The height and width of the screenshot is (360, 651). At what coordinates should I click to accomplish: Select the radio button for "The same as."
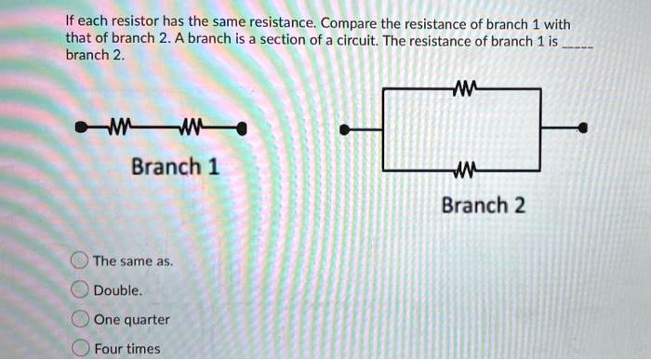coord(82,261)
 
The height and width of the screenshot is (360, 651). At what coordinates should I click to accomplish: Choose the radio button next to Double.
coord(82,290)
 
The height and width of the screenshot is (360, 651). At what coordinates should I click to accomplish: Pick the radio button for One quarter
coord(82,319)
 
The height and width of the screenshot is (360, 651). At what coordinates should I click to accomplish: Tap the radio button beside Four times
coord(82,348)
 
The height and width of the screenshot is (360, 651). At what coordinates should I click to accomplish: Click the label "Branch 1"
coord(175,167)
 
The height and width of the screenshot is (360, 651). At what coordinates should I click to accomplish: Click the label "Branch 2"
coord(483,205)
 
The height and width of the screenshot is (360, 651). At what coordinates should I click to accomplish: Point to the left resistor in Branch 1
coord(121,127)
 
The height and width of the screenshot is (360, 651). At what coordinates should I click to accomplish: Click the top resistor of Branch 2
coord(462,88)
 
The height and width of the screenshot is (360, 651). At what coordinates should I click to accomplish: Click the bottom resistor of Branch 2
coord(462,169)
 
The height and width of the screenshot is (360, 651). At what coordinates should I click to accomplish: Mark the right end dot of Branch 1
coord(242,127)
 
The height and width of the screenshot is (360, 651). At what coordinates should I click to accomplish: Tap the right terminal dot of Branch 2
coord(583,129)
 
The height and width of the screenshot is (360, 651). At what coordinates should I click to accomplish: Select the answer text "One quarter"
coord(132,319)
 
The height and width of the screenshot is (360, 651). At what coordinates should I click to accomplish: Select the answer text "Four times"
coord(127,348)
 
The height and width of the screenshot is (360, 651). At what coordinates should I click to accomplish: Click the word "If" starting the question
coord(70,22)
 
